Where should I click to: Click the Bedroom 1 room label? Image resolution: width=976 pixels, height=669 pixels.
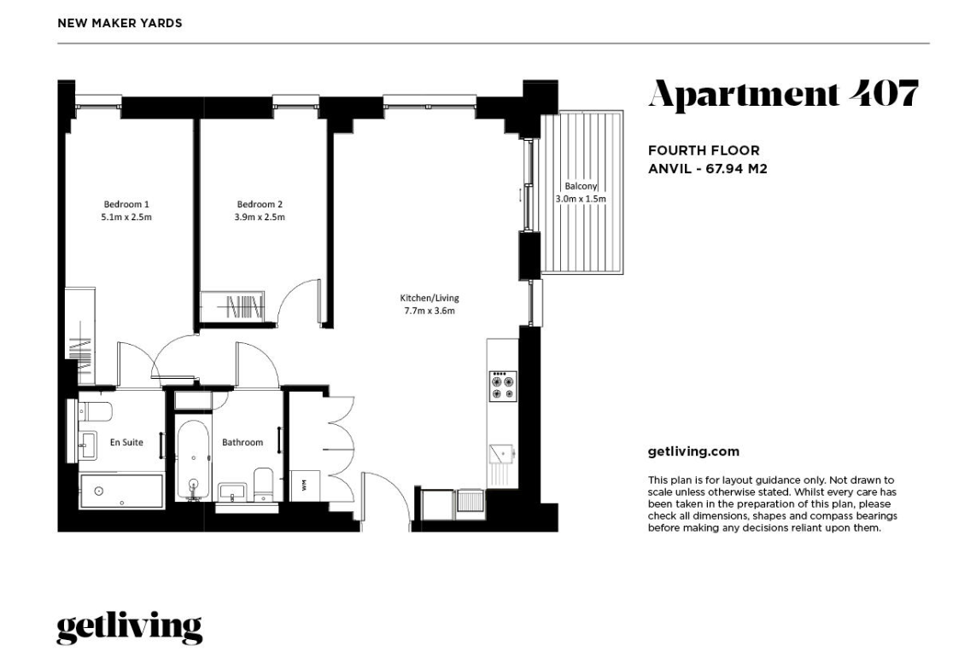click(x=126, y=204)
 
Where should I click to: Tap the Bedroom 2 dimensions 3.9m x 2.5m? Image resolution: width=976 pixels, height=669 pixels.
click(x=260, y=217)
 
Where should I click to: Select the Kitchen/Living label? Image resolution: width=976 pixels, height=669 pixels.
click(x=430, y=298)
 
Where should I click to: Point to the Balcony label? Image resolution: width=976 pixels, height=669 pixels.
click(x=581, y=186)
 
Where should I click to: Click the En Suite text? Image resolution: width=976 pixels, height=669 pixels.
click(x=126, y=442)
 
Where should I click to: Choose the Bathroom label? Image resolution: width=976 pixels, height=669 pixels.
click(x=243, y=442)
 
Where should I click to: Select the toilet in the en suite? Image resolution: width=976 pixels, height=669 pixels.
click(x=94, y=410)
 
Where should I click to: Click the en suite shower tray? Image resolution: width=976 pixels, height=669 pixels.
click(x=121, y=491)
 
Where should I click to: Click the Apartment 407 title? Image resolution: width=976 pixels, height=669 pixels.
click(x=783, y=95)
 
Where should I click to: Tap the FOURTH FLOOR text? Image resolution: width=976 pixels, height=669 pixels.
click(x=704, y=150)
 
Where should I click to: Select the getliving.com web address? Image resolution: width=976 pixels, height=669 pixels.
click(x=693, y=452)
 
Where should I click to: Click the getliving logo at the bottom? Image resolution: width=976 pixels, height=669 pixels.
click(x=130, y=628)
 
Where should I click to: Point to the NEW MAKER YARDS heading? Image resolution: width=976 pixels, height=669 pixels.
click(x=120, y=23)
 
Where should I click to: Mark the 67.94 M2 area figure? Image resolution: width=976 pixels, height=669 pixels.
click(x=736, y=168)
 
